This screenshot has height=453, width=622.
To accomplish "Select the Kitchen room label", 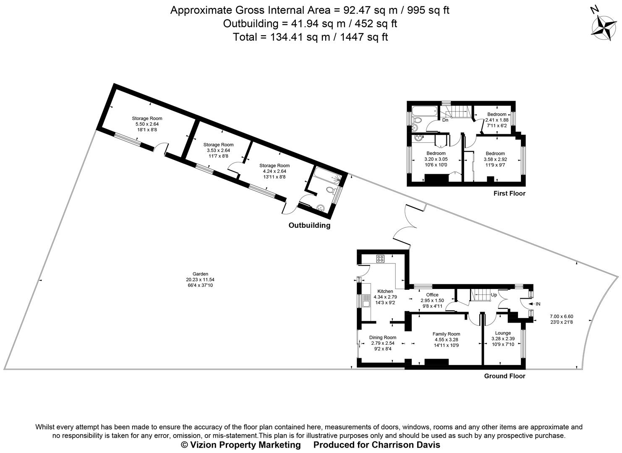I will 385,291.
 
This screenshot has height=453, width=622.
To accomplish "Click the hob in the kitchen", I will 381,259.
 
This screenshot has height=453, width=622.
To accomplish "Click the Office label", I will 432,295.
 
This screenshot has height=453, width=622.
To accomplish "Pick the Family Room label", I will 447,334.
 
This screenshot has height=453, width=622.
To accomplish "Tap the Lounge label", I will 503,333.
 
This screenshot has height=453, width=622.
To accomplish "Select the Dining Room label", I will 383,337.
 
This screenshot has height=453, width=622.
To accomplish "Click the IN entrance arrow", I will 536,304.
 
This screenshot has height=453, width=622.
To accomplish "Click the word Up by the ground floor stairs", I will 494,295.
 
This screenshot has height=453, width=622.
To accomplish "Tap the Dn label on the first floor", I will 445,120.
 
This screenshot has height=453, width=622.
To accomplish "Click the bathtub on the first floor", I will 424,112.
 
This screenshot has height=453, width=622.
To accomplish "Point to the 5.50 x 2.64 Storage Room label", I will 147,118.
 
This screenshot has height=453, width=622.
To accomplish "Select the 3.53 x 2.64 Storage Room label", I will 218,145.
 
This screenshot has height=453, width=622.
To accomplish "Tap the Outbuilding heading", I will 309,226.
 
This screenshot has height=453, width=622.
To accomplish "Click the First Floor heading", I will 509,193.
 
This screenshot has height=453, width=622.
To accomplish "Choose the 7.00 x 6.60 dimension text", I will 561,316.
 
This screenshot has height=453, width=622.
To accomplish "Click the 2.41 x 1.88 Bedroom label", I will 497,115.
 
